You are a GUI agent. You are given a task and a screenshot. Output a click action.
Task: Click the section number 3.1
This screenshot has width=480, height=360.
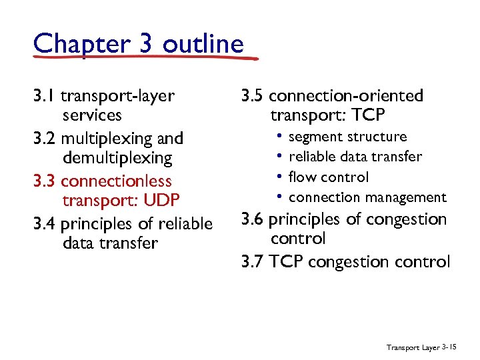click(x=44, y=95)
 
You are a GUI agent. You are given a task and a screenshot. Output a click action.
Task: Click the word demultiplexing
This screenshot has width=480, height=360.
click(x=117, y=158)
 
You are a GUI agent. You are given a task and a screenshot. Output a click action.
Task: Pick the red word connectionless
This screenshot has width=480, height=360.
click(x=116, y=181)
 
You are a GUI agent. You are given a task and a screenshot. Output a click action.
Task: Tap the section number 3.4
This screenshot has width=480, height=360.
click(x=45, y=223)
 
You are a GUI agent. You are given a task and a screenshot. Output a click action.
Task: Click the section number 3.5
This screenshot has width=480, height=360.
click(x=253, y=95)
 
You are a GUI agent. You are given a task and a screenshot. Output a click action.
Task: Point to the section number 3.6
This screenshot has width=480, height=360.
click(x=253, y=219)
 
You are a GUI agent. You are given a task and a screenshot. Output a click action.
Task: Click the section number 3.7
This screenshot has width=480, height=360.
click(x=253, y=261)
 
